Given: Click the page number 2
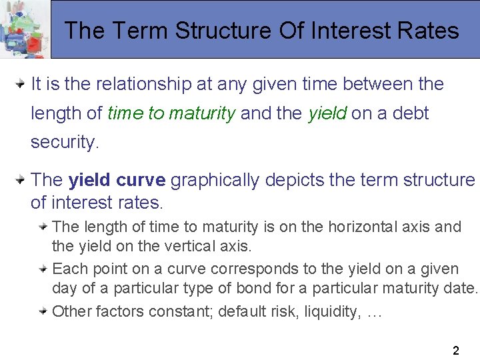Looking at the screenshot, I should click(455, 350).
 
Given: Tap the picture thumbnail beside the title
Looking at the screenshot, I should click(25, 30).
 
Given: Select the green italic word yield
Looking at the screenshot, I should click(327, 113).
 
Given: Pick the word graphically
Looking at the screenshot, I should click(217, 180).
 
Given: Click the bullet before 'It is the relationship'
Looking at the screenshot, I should click(21, 84).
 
